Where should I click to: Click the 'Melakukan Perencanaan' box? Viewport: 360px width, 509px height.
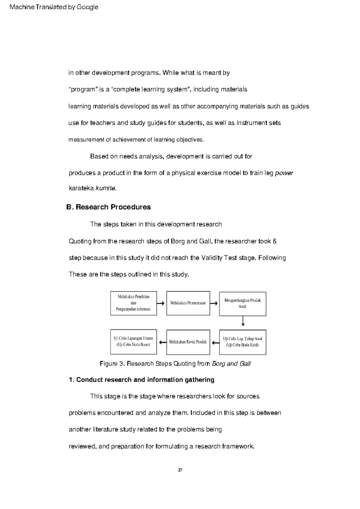(x=188, y=303)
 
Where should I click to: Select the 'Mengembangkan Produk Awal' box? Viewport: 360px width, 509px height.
(x=242, y=304)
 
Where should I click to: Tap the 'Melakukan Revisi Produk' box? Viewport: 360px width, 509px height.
(x=188, y=342)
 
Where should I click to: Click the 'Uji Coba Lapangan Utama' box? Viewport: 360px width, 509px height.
(x=133, y=342)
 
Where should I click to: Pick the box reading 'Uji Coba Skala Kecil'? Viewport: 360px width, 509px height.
(x=242, y=342)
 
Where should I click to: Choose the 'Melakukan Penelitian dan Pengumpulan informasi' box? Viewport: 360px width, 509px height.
(x=133, y=303)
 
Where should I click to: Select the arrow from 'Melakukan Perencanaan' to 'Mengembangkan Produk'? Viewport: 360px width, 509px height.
(x=214, y=303)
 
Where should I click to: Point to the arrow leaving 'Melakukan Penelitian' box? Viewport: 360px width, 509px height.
(x=161, y=303)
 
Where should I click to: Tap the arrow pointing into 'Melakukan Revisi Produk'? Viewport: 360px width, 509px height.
(x=215, y=342)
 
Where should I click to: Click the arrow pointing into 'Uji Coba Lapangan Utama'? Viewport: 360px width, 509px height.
(x=162, y=342)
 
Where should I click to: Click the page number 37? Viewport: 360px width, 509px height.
(x=180, y=470)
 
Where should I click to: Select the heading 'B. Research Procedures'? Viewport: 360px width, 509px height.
(x=109, y=207)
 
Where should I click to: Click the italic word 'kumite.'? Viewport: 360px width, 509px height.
(x=106, y=189)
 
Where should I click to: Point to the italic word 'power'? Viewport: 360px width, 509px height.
(x=284, y=173)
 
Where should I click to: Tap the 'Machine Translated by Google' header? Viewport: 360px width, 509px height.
(x=54, y=7)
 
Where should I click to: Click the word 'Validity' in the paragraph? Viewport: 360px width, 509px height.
(x=212, y=258)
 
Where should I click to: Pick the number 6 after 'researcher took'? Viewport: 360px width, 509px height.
(x=274, y=241)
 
